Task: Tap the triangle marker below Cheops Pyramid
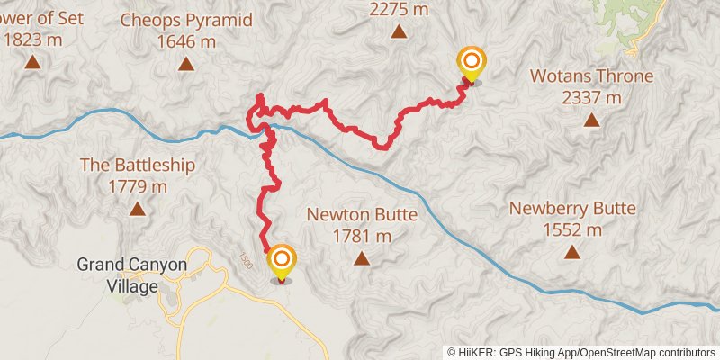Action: [x=186, y=63]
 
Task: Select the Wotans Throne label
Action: [x=591, y=76]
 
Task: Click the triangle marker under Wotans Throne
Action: [x=591, y=119]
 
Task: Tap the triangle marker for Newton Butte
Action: [x=362, y=259]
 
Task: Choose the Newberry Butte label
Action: [x=572, y=208]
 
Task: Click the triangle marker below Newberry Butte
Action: [x=572, y=252]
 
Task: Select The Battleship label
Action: [x=137, y=165]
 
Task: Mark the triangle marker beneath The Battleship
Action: [x=137, y=209]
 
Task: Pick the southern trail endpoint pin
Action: [x=282, y=262]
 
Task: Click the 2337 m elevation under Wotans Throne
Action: [x=591, y=97]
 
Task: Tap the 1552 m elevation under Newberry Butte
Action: [x=572, y=230]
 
